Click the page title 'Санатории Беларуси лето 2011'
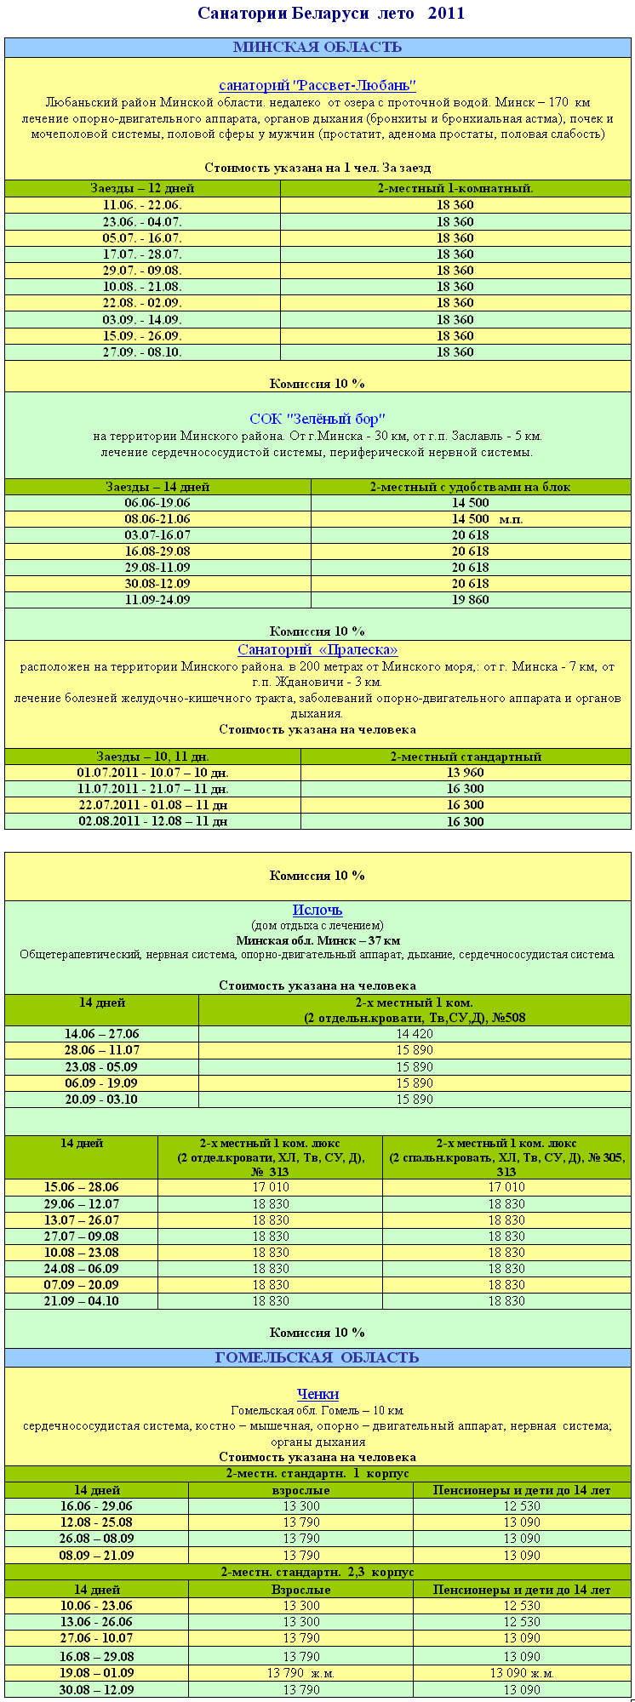tap(331, 14)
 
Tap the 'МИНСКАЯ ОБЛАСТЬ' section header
tap(317, 48)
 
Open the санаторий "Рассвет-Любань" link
tap(317, 85)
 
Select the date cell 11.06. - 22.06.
tap(142, 205)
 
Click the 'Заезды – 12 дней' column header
tap(142, 188)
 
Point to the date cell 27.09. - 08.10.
tap(142, 351)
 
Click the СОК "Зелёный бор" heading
tap(317, 419)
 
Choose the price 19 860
tap(470, 600)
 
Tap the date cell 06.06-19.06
tap(157, 503)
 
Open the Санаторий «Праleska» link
tap(317, 650)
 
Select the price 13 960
tap(465, 773)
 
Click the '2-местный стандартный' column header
tap(465, 757)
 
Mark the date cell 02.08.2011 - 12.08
tap(152, 822)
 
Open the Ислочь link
tap(317, 911)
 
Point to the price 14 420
tap(415, 1034)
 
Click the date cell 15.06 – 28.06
tap(82, 1187)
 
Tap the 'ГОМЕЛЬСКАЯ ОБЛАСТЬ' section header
tap(317, 1357)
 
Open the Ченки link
tap(317, 1394)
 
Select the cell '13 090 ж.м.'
tap(522, 1673)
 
